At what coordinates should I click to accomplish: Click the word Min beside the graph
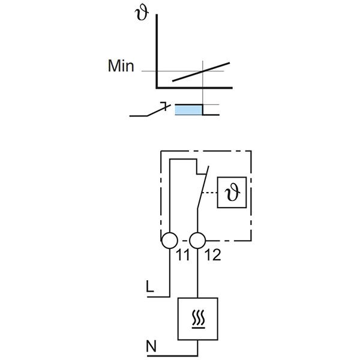tap(121, 66)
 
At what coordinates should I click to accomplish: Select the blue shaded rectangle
tap(187, 109)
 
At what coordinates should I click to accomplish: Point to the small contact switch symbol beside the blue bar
tap(150, 111)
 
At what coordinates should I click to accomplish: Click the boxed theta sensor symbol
tap(232, 193)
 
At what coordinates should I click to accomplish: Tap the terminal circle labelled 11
tap(170, 241)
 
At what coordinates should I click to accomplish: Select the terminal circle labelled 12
tap(198, 241)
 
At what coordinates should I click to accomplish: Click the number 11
tap(184, 255)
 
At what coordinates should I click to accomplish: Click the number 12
tap(212, 255)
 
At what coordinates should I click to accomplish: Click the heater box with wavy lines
tap(199, 319)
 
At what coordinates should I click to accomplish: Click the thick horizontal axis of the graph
tap(192, 89)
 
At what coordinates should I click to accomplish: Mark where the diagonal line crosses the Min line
tap(203, 71)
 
